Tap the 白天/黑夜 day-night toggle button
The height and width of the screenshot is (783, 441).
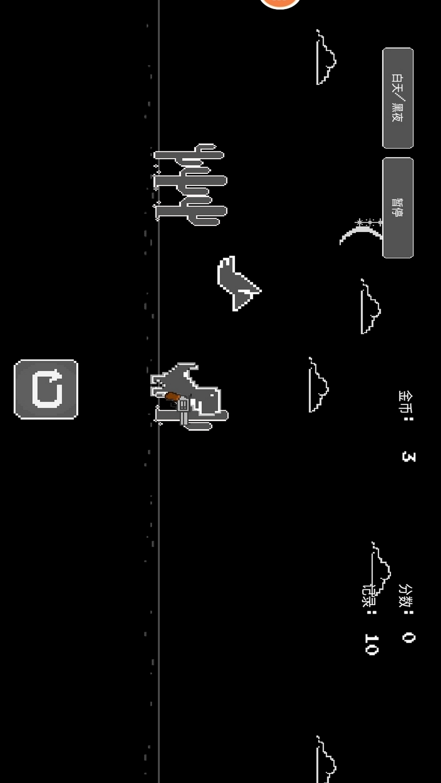coord(397,98)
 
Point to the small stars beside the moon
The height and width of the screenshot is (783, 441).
coord(369,222)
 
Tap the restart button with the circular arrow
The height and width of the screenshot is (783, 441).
coord(46,389)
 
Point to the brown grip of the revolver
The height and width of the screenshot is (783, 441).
coord(172,396)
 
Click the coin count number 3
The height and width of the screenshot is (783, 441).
coord(408,456)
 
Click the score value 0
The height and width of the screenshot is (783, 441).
coord(408,637)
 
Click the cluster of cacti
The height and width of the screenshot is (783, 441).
coord(190,184)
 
